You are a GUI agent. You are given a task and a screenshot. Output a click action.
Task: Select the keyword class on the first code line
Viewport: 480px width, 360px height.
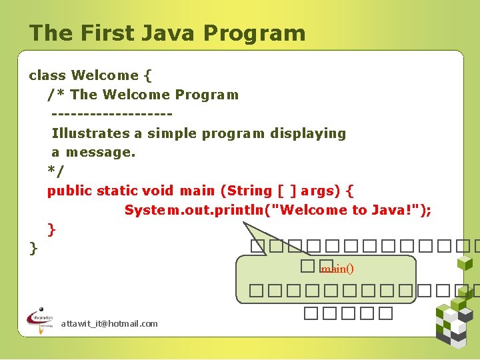[x=47, y=75]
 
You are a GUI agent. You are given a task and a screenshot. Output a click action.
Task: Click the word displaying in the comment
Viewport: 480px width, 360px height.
[x=308, y=133]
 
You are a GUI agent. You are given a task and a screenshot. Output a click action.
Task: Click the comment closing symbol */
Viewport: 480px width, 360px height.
[x=56, y=172]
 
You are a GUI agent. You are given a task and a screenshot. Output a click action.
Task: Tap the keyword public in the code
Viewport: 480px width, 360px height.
[x=69, y=191]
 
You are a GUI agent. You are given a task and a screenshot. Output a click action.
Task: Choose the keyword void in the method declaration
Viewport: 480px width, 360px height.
[x=157, y=191]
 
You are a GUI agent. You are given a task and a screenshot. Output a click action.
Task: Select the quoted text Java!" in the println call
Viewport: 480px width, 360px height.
[x=396, y=211]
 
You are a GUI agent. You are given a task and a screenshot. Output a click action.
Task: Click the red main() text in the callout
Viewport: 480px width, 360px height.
[x=337, y=269]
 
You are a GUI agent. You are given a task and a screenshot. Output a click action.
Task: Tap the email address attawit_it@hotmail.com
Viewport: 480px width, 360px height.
[x=109, y=323]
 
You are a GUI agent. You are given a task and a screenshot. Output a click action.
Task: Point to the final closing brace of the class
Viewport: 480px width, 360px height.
[x=33, y=249]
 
